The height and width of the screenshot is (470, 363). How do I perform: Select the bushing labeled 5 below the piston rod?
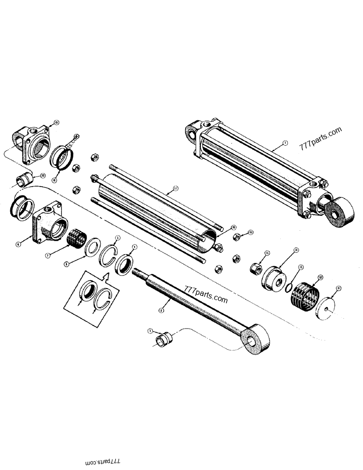(164, 338)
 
